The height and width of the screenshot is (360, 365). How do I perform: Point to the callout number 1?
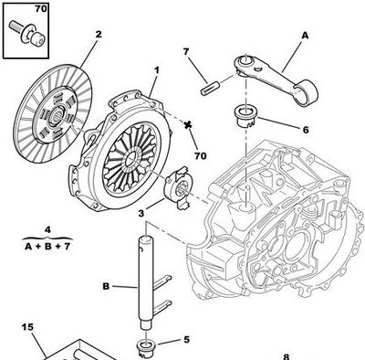click(x=156, y=69)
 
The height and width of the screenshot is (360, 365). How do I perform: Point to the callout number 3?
click(x=141, y=213)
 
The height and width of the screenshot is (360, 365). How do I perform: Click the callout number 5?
click(x=186, y=339)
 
